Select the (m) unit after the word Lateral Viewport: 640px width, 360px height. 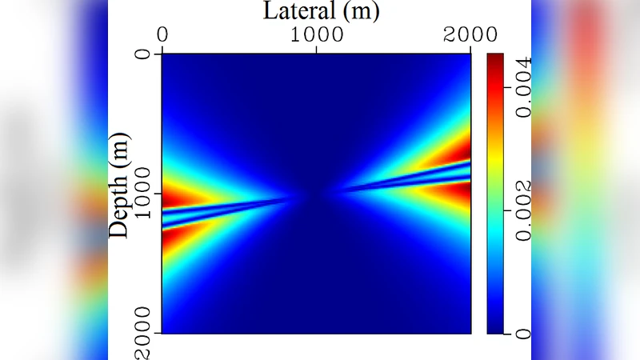[x=357, y=11]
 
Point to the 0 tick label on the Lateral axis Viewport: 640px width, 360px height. [x=162, y=35]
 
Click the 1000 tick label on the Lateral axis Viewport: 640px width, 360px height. [x=317, y=35]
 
